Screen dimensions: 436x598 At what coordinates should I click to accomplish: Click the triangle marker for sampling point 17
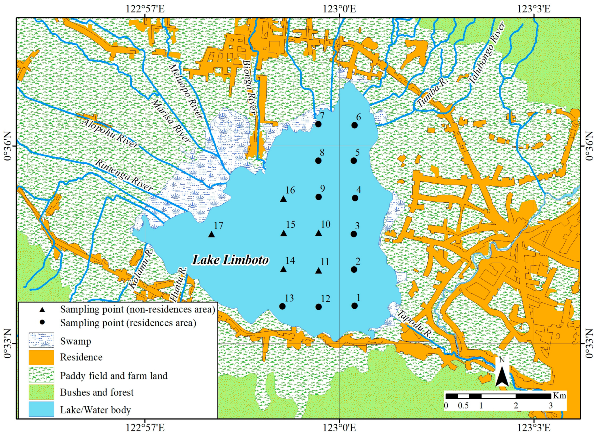click(211, 234)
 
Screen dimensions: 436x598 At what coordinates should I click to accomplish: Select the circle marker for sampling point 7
click(318, 124)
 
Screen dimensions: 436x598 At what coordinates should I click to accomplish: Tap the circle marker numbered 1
click(354, 306)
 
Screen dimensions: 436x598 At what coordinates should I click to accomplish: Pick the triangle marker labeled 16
click(283, 199)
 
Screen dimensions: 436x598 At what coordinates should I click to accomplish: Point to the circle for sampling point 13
click(282, 306)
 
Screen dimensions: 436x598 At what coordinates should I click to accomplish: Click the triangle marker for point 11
click(318, 271)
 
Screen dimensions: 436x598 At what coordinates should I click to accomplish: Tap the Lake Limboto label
click(230, 260)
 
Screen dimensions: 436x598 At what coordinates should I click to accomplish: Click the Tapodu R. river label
click(414, 325)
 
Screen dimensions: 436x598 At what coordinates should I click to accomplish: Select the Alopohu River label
click(110, 134)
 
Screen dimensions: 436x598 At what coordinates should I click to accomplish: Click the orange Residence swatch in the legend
click(41, 357)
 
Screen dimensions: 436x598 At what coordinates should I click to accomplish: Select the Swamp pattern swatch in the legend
click(41, 341)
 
